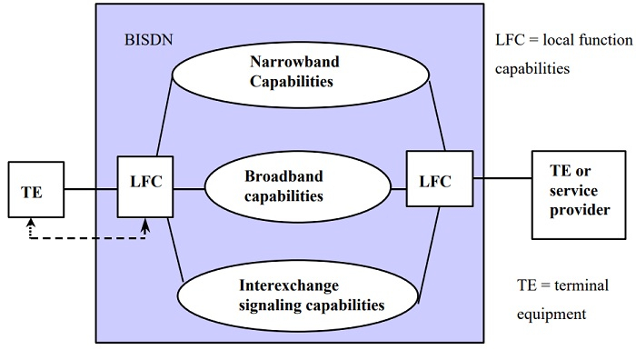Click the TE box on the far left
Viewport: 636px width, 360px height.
(35, 190)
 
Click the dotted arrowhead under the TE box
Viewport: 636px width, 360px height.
(30, 222)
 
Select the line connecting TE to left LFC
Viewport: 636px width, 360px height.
(91, 189)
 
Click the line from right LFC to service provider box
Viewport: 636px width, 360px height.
(502, 179)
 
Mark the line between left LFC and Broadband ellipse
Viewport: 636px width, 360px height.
(189, 189)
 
